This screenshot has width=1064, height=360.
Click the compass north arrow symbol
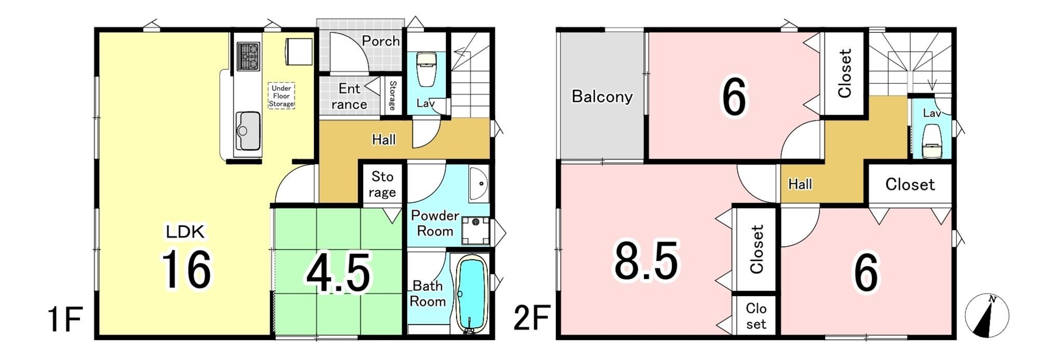click(x=987, y=315)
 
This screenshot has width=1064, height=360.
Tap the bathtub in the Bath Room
click(x=471, y=294)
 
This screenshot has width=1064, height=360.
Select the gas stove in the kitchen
click(x=248, y=56)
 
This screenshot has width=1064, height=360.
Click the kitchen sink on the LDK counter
click(x=248, y=130)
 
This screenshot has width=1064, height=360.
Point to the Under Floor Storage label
click(x=281, y=96)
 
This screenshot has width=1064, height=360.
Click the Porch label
click(x=381, y=41)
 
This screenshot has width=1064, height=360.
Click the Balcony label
click(x=602, y=97)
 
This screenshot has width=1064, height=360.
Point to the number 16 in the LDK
click(x=187, y=269)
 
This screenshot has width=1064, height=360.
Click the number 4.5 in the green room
click(x=338, y=273)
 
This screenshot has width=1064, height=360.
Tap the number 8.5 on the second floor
click(x=646, y=260)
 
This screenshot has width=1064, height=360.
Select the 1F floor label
click(x=65, y=319)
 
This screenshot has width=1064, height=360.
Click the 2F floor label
click(x=531, y=319)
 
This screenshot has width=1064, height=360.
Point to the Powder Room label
click(x=435, y=223)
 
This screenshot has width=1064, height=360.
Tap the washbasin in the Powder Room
click(x=478, y=184)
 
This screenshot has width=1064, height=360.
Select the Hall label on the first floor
click(x=384, y=139)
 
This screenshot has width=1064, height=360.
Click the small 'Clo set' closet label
click(x=756, y=316)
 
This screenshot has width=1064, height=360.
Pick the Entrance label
click(x=349, y=97)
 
